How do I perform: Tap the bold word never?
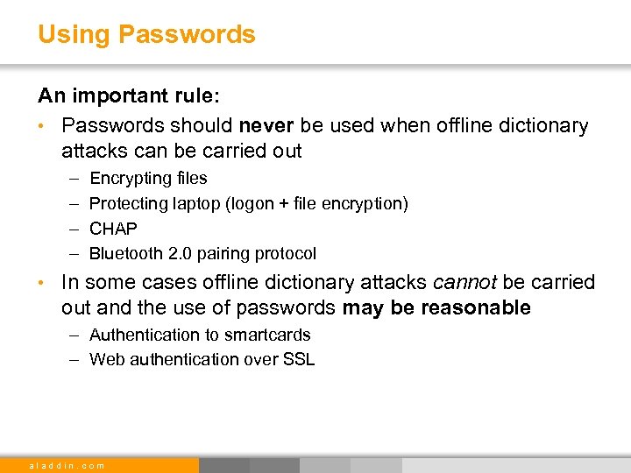[x=266, y=126]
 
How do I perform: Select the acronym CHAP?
[x=114, y=229]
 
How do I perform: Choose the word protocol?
[x=285, y=254]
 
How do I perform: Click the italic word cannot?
[x=466, y=283]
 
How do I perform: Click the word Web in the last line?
[x=106, y=359]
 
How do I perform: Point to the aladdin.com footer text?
[x=67, y=465]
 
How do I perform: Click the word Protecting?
[x=129, y=204]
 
